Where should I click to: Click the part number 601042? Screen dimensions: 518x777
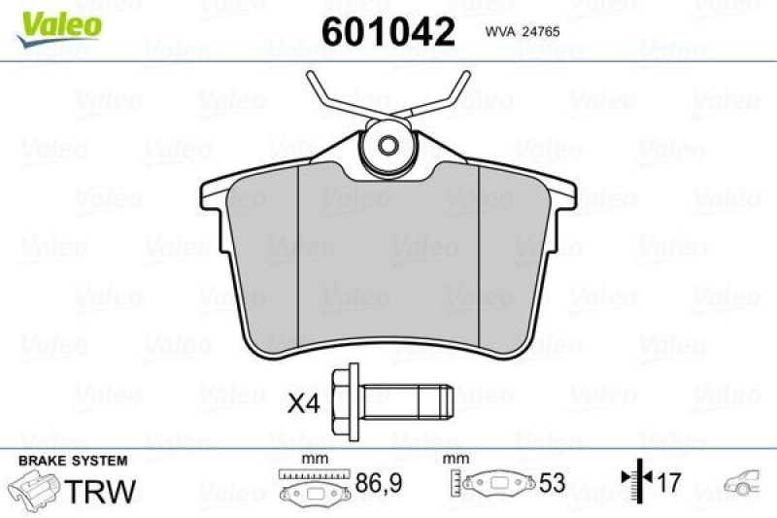[x=388, y=33]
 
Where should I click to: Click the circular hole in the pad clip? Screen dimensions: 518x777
[x=387, y=148]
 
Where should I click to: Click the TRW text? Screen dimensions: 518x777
[x=101, y=488]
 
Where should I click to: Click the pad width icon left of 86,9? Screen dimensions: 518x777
[x=311, y=483]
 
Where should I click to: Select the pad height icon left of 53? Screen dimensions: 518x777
[x=490, y=483]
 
